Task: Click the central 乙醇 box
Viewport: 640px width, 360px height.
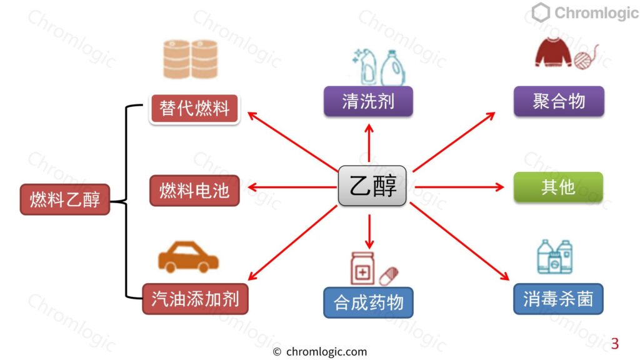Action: tap(372, 186)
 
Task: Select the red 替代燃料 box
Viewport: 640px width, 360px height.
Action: tap(194, 109)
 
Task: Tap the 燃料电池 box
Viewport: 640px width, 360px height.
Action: tap(194, 190)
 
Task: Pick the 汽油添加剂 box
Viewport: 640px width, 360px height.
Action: tap(195, 299)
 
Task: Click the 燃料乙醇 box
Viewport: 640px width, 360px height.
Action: tap(65, 199)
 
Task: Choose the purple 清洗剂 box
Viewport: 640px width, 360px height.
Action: tap(368, 101)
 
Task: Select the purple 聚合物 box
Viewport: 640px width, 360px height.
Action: tap(559, 101)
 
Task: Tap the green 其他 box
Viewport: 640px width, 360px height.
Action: tap(558, 187)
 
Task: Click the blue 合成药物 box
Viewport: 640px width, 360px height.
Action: tap(368, 302)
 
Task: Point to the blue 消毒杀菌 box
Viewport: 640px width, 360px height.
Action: tap(558, 299)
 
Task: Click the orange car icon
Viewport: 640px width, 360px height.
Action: tap(188, 257)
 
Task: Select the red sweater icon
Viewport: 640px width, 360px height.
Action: tap(553, 52)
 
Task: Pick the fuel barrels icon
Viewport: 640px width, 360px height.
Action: tap(190, 59)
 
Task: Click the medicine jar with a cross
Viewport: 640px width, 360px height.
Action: tap(362, 269)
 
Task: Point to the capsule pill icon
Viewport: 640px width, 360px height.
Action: tap(389, 276)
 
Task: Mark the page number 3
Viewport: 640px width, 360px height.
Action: tap(615, 344)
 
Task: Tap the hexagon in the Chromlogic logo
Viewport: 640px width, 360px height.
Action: tap(541, 12)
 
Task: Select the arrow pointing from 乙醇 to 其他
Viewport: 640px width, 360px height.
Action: tap(459, 187)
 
